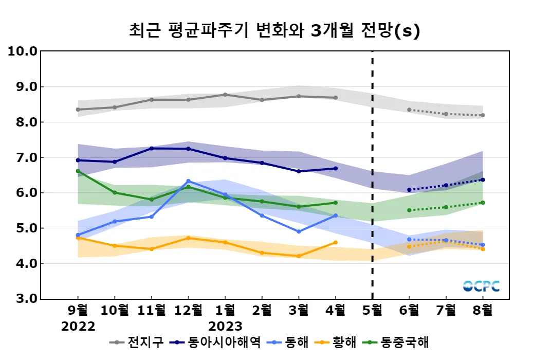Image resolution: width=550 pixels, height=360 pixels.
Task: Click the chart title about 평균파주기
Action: pyautogui.click(x=274, y=31)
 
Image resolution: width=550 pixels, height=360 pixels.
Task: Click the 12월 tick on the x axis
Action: pyautogui.click(x=188, y=310)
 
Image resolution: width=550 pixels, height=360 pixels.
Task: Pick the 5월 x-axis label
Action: pyautogui.click(x=372, y=310)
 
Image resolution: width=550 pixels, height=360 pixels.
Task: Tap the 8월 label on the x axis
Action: pyautogui.click(x=483, y=310)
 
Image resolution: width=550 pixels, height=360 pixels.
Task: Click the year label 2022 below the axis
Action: pyautogui.click(x=78, y=327)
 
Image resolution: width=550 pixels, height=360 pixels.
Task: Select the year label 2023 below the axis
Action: pyautogui.click(x=225, y=327)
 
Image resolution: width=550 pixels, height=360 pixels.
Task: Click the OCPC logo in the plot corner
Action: pyautogui.click(x=481, y=286)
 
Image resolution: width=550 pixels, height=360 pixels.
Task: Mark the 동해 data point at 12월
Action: pyautogui.click(x=188, y=181)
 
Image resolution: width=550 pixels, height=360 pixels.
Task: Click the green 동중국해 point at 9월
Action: pyautogui.click(x=78, y=171)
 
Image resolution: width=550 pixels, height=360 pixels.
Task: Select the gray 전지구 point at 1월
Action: pyautogui.click(x=225, y=95)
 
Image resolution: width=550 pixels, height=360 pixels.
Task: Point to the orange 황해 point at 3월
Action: pyautogui.click(x=299, y=256)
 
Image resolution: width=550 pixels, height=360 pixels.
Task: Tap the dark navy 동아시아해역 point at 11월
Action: pyautogui.click(x=152, y=148)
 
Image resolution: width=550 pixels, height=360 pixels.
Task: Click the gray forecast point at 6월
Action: pyautogui.click(x=409, y=110)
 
